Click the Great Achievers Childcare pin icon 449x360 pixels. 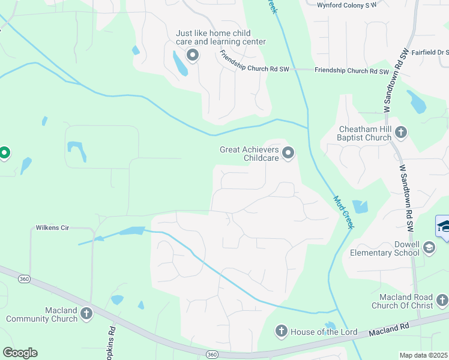[x=288, y=154]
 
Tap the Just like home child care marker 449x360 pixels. [x=193, y=56]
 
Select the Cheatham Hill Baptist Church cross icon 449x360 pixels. [x=401, y=132]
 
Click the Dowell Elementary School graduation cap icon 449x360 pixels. [x=429, y=247]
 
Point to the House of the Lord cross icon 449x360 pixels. [x=281, y=331]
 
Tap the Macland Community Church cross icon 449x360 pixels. [x=86, y=314]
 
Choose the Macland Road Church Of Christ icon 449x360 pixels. [x=441, y=299]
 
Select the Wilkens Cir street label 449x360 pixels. [x=53, y=228]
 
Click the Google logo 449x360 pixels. [x=20, y=353]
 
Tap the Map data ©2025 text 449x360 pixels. [x=423, y=355]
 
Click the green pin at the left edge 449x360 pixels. [x=4, y=154]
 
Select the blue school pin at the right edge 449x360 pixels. [x=444, y=228]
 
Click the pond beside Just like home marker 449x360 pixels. [x=179, y=63]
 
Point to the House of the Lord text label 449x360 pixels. [x=324, y=332]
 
